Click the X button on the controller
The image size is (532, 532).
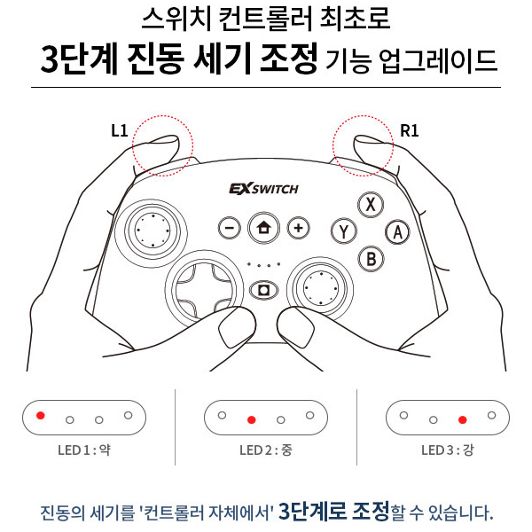pos(371,204)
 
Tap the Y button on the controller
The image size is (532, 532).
pos(343,231)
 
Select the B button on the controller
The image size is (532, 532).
pos(371,259)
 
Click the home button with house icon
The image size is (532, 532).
pos(263,228)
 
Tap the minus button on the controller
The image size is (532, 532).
pos(229,228)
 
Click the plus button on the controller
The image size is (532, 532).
pos(299,228)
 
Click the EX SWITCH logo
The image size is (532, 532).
pos(263,189)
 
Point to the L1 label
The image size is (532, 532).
pos(120,130)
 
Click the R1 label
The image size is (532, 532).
pos(409,130)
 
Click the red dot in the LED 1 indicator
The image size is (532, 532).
pos(40,414)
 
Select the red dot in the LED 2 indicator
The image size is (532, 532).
pos(252,419)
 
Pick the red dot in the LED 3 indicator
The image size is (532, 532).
pos(462,419)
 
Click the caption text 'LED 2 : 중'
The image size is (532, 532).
pos(265,450)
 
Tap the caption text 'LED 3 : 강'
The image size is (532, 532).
pos(447,450)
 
